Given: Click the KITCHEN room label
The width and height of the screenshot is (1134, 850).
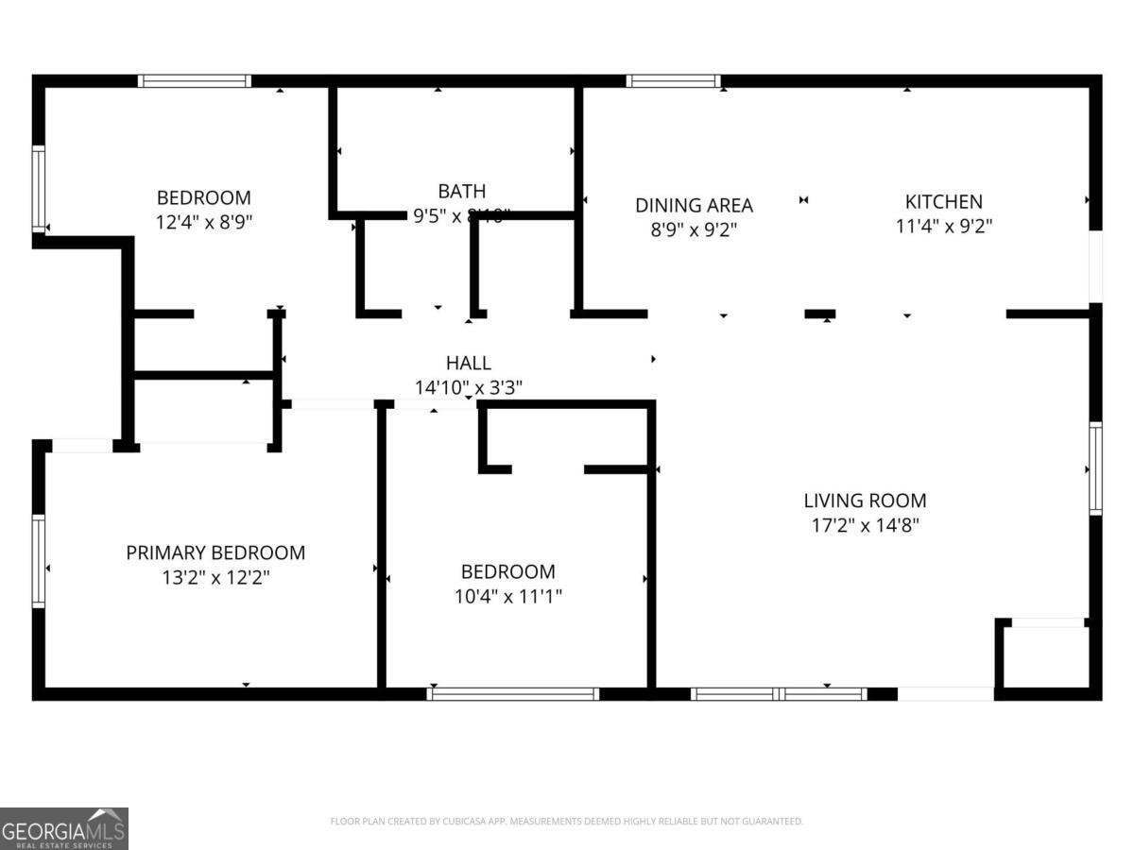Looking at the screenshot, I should [x=943, y=201].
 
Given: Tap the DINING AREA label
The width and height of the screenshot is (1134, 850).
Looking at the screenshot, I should [x=694, y=205].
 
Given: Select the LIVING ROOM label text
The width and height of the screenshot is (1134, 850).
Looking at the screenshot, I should [x=865, y=501].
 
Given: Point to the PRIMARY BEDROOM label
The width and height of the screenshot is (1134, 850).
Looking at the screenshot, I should [x=215, y=552].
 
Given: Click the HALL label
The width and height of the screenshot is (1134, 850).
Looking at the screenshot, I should [x=469, y=363].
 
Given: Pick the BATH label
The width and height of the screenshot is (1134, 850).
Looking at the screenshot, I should [x=462, y=192].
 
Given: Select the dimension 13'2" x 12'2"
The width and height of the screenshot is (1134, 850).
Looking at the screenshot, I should [x=215, y=577].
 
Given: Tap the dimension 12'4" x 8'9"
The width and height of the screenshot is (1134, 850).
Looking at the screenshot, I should [x=204, y=222].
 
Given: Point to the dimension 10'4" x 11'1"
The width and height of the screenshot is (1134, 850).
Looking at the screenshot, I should [x=507, y=596].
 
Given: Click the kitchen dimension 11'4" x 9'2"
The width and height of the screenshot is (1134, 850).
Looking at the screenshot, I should [x=943, y=226].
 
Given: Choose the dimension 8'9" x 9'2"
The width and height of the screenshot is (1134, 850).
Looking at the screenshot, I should [x=694, y=229].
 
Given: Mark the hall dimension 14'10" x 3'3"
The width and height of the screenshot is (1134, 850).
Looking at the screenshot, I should [x=469, y=386].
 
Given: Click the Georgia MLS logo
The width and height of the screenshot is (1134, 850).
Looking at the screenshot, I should [x=64, y=828].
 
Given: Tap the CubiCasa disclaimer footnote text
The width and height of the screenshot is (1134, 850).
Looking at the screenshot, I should [x=567, y=821].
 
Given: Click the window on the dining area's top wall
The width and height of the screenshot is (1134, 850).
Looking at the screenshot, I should [x=673, y=81].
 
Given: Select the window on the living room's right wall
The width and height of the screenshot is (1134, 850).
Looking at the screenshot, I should [x=1095, y=468].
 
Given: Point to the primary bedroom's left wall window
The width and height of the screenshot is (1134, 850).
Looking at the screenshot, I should [x=39, y=561].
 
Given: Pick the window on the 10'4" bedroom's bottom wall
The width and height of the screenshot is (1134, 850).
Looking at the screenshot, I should [x=512, y=694].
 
